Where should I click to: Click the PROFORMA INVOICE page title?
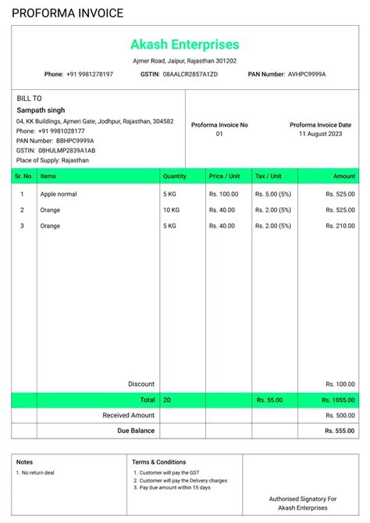(x=67, y=13)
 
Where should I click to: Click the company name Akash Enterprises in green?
(x=185, y=45)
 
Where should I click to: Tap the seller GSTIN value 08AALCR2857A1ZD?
(x=190, y=74)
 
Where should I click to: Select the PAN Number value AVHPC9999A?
(x=307, y=74)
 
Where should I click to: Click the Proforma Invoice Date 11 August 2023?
(x=320, y=134)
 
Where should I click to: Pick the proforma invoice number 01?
(x=219, y=134)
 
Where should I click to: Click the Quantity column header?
(x=175, y=177)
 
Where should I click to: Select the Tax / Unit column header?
(x=272, y=177)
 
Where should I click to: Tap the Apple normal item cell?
(x=59, y=194)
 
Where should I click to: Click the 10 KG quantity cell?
(x=172, y=210)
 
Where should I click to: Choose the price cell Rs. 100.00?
(x=223, y=194)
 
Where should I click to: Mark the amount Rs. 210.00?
(x=340, y=226)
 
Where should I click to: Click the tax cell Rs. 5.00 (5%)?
(x=273, y=194)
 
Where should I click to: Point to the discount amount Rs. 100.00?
(x=340, y=384)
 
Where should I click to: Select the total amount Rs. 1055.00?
(x=338, y=399)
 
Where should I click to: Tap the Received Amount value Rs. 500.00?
(x=340, y=415)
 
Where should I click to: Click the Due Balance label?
(x=136, y=431)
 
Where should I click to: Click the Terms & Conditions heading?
(x=159, y=462)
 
